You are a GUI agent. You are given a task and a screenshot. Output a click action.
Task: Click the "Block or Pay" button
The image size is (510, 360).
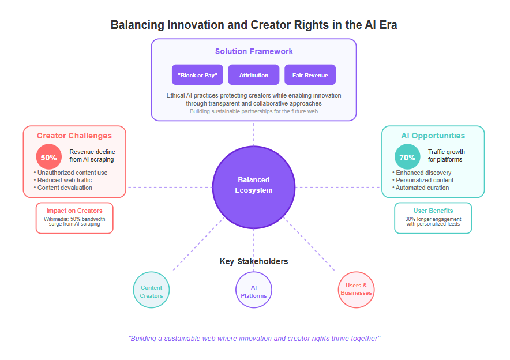[x=197, y=75]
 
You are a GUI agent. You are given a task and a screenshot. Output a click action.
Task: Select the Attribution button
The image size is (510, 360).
[x=254, y=75]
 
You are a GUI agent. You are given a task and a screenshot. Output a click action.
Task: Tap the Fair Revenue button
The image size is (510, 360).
[x=310, y=75]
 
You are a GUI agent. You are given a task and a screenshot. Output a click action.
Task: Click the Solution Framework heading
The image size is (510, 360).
[x=254, y=51]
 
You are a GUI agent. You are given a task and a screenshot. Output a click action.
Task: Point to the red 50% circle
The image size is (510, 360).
[x=49, y=157]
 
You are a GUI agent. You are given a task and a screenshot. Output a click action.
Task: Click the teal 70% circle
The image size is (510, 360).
[x=407, y=157]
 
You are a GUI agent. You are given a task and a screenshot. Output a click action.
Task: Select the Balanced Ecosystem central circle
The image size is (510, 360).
[x=254, y=187]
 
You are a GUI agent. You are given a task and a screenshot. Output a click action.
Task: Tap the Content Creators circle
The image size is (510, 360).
[x=151, y=290]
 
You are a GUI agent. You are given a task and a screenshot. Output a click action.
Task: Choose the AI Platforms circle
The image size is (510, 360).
[x=254, y=290]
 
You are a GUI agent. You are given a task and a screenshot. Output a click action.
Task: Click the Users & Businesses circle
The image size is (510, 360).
[x=356, y=290]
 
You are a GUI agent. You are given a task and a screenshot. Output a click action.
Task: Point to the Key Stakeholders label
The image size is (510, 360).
[x=254, y=261]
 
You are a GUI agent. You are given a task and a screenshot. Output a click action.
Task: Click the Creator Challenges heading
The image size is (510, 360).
[x=74, y=136]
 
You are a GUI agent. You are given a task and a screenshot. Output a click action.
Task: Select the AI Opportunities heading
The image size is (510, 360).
[x=433, y=136]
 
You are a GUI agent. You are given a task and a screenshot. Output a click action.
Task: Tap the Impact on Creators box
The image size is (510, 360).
[x=74, y=218]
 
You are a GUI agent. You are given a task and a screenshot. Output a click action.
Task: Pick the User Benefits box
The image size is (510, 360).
[x=433, y=218]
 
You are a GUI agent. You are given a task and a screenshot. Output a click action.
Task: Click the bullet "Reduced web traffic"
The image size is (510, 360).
[x=63, y=180]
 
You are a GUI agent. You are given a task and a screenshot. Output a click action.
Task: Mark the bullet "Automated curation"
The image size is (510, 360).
[x=421, y=187]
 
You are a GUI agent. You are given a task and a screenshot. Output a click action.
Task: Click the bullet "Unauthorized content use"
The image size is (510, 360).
[x=70, y=172]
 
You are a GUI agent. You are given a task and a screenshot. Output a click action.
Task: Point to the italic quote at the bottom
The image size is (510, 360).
[x=254, y=339]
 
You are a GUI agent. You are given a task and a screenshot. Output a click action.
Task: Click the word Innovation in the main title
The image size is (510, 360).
[x=195, y=25]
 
